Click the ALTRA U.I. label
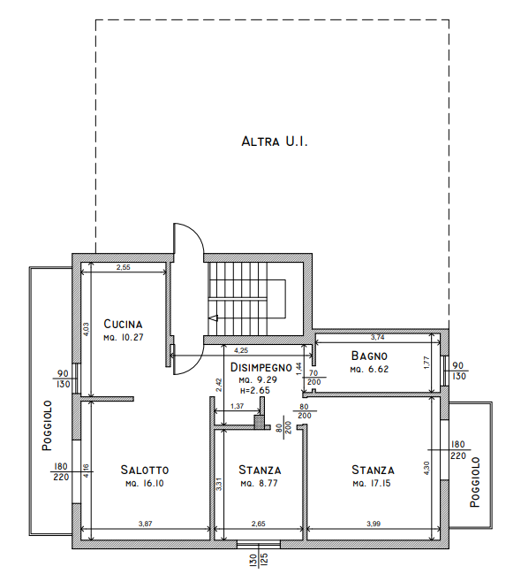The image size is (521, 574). pyautogui.click(x=275, y=142)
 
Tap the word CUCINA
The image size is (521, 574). pyautogui.click(x=123, y=324)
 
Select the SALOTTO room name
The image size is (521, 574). pyautogui.click(x=145, y=470)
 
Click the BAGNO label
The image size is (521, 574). pyautogui.click(x=369, y=356)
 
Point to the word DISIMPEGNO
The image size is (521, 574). pyautogui.click(x=261, y=367)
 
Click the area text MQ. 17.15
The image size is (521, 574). pyautogui.click(x=372, y=484)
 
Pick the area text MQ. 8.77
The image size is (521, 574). pyautogui.click(x=260, y=484)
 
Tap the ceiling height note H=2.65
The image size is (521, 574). pyautogui.click(x=255, y=391)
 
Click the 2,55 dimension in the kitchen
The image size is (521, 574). pyautogui.click(x=124, y=267)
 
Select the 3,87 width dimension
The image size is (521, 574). pyautogui.click(x=145, y=524)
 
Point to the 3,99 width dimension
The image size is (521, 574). pyautogui.click(x=374, y=524)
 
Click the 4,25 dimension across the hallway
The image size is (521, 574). pyautogui.click(x=241, y=350)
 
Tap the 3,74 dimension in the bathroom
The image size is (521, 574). pyautogui.click(x=378, y=337)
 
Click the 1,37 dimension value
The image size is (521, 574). pyautogui.click(x=238, y=406)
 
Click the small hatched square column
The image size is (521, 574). pyautogui.click(x=259, y=421)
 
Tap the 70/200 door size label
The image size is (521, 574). pyautogui.click(x=314, y=378)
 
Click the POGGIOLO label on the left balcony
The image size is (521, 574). pyautogui.click(x=47, y=425)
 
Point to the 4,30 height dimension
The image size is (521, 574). pyautogui.click(x=427, y=468)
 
